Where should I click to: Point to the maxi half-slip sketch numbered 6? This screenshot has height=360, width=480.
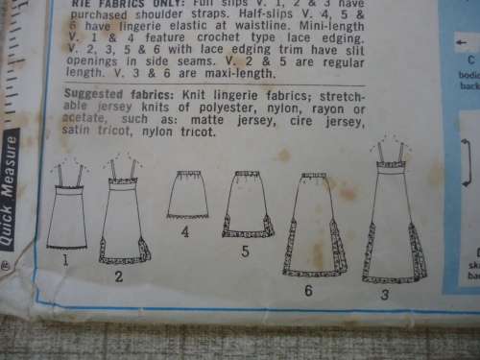[315, 227]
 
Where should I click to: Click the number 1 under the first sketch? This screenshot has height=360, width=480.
[65, 259]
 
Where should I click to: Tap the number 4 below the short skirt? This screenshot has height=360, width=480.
[184, 231]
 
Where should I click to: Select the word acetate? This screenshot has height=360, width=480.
[82, 120]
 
